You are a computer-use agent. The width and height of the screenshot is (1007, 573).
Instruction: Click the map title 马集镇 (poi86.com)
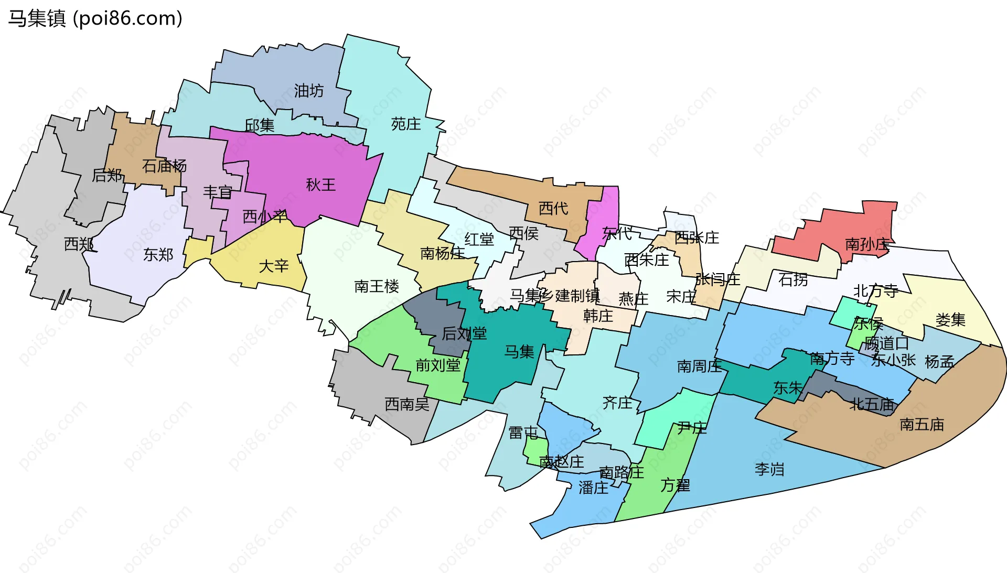(x=95, y=18)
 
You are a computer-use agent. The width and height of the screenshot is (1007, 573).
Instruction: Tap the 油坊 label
(x=308, y=91)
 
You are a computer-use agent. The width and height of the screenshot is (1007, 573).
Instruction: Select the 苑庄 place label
(x=406, y=124)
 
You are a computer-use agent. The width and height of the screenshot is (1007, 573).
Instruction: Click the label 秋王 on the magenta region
(x=320, y=185)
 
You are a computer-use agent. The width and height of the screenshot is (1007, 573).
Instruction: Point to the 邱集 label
(x=260, y=125)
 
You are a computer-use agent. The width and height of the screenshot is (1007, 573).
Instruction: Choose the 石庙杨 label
(x=164, y=166)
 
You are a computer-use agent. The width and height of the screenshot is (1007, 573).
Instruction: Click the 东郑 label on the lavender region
(x=158, y=255)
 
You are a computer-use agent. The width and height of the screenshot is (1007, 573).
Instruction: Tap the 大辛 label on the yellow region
(x=274, y=266)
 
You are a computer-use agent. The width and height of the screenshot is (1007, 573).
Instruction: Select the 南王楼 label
(x=377, y=286)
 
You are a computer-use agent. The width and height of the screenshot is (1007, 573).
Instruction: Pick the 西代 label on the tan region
(x=553, y=209)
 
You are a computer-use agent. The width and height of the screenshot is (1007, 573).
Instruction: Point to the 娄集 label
(x=950, y=320)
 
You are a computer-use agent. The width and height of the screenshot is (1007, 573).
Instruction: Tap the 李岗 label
(x=769, y=469)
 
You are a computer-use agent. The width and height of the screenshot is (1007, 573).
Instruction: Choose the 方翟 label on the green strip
(x=675, y=485)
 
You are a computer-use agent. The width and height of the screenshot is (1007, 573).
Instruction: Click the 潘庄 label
(x=593, y=488)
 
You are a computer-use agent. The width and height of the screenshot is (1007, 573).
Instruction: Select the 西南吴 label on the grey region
(x=407, y=404)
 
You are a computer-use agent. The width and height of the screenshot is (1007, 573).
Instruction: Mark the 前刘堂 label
(x=438, y=365)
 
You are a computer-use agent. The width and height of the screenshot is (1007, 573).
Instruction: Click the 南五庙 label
(x=922, y=424)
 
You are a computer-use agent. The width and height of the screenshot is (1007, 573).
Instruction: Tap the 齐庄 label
(x=617, y=403)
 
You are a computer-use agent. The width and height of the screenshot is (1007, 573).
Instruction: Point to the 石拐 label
(x=793, y=279)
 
